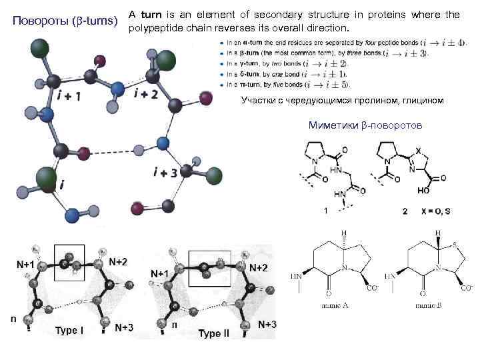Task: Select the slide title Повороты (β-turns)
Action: point(67,20)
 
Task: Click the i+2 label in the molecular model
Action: point(146,93)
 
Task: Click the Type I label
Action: point(69,330)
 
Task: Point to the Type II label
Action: point(213,333)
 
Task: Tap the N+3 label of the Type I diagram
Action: point(123,327)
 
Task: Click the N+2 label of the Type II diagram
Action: point(259,267)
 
